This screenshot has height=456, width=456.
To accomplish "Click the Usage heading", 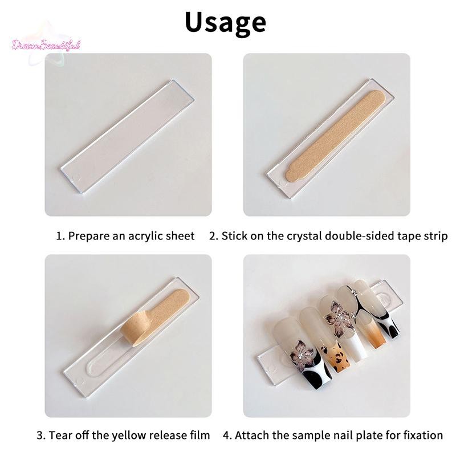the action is (225, 23).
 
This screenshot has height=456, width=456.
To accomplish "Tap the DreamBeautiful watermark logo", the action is (46, 46).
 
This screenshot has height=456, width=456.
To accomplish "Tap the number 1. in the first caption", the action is (60, 236).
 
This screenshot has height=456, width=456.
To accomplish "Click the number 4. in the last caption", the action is (227, 435).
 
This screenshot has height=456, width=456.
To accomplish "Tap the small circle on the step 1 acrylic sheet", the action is (78, 178).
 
